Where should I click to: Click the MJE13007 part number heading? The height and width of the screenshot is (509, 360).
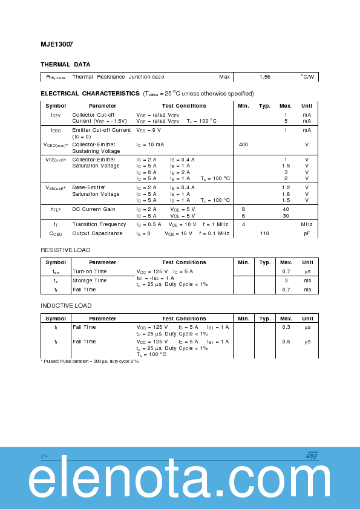[57, 44]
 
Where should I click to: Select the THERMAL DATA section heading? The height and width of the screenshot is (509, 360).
[65, 64]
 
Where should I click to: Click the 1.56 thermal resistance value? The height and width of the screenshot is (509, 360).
[265, 77]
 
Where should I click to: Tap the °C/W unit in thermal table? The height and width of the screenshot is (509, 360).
[307, 77]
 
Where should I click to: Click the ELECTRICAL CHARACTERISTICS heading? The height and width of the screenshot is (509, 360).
[90, 94]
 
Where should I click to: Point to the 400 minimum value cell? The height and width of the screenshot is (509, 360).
[243, 144]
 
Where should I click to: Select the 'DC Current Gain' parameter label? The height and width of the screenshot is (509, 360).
[93, 209]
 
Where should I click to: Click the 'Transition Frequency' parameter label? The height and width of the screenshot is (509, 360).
[99, 224]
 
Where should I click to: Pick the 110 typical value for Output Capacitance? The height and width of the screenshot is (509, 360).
[264, 233]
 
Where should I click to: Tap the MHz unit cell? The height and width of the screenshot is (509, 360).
[307, 224]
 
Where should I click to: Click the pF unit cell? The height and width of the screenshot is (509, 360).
[307, 233]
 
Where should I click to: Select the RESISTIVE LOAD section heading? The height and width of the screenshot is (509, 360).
[65, 250]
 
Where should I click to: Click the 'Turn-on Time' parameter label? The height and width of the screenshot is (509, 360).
[90, 271]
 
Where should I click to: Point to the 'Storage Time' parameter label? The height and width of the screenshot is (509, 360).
[90, 280]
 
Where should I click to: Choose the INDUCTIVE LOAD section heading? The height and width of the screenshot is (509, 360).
[66, 306]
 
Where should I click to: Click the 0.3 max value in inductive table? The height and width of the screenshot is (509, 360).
[286, 327]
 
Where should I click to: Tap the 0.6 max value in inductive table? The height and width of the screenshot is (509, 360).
[286, 342]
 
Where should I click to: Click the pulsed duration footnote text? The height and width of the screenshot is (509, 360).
[90, 361]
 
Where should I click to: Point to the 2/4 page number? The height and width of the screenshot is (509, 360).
[44, 455]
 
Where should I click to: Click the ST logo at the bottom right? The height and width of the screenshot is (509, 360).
[312, 456]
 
